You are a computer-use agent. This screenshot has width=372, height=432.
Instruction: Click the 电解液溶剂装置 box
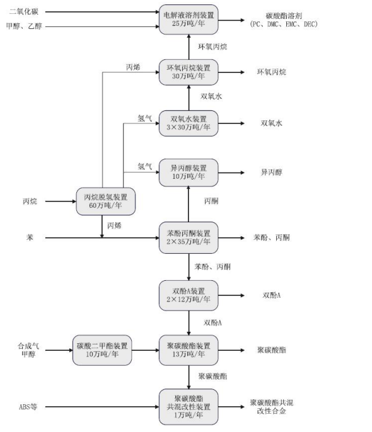[189, 19]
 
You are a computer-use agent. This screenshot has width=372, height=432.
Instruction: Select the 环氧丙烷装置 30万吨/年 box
[189, 72]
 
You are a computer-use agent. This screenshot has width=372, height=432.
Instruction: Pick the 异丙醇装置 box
[189, 172]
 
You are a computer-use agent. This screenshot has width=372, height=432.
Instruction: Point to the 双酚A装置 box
[189, 295]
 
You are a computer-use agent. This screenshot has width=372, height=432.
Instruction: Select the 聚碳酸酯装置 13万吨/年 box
[189, 350]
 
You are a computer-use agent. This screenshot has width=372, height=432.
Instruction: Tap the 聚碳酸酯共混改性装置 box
[189, 407]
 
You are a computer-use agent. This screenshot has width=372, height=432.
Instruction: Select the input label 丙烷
[30, 202]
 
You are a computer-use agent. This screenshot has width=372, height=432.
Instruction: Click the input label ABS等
[28, 407]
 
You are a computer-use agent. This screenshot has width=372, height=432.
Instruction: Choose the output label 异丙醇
[272, 172]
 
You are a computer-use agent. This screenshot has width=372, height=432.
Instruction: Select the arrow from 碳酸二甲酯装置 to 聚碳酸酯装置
[146, 350]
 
